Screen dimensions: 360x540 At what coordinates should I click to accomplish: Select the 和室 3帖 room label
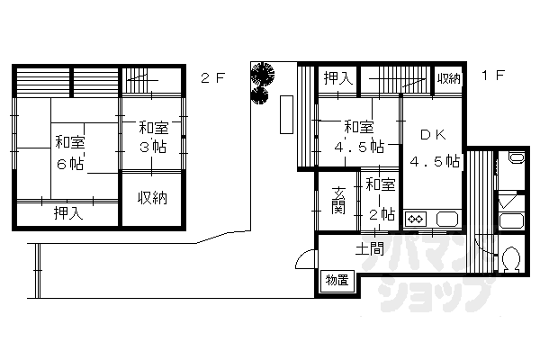click(152, 137)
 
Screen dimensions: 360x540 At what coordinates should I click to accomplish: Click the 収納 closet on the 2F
click(151, 198)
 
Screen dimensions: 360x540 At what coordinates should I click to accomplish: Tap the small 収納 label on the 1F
click(448, 78)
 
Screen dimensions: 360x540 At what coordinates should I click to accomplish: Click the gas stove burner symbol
click(417, 219)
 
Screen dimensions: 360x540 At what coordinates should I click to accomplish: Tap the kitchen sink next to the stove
click(445, 219)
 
